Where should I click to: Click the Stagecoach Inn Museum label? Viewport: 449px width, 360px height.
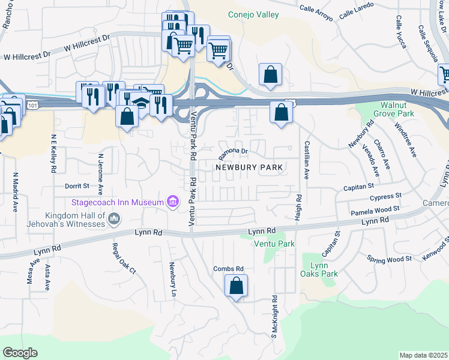point(118,202)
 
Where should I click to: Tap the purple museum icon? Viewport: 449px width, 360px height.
point(173,202)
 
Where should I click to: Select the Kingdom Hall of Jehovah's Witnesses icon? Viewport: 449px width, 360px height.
point(113,223)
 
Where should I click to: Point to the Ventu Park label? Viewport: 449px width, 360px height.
point(274,244)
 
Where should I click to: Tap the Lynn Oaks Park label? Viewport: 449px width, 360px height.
point(319,269)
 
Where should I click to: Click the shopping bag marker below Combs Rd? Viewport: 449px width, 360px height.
point(237,287)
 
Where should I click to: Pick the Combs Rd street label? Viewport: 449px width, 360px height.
point(228,268)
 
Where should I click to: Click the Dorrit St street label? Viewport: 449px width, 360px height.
point(77,187)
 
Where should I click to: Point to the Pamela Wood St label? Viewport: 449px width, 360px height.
point(375,209)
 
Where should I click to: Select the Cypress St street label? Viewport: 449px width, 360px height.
point(386,196)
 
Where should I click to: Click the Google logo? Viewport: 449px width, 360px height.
point(20,353)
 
